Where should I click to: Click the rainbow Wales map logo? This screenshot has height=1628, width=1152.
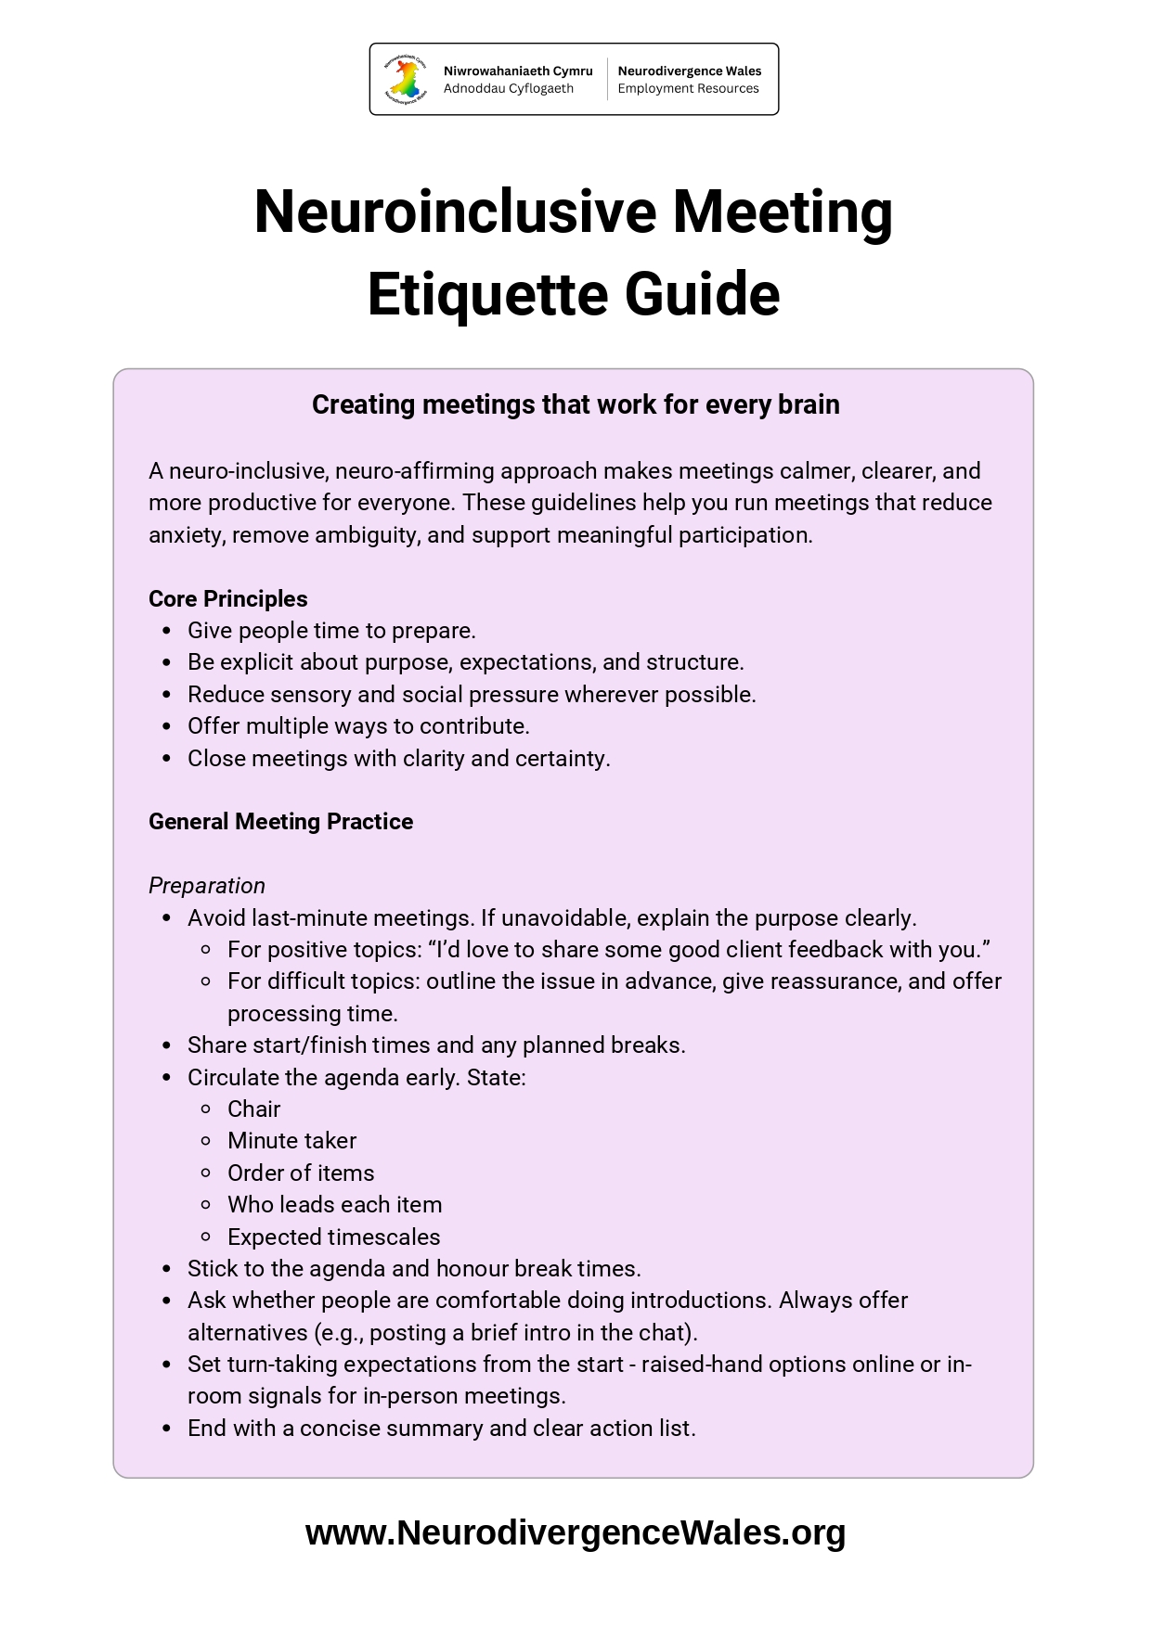[x=406, y=79]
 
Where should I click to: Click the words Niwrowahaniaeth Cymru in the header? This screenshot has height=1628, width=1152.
[x=517, y=71]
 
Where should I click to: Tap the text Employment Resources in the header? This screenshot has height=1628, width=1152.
[x=688, y=89]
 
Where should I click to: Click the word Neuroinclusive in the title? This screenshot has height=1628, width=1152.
[x=455, y=212]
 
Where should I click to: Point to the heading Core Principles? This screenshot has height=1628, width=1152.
[x=227, y=599]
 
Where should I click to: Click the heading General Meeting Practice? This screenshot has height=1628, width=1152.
[x=280, y=822]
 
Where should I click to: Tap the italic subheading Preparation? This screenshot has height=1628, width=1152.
[x=206, y=886]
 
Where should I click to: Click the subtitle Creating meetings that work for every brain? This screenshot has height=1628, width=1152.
[x=576, y=404]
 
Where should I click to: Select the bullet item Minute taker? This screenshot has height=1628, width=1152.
[x=291, y=1141]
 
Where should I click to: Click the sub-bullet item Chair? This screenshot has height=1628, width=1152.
[x=253, y=1109]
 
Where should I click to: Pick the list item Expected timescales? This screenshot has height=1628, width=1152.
[x=333, y=1237]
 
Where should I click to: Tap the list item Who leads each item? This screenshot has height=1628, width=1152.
[x=334, y=1205]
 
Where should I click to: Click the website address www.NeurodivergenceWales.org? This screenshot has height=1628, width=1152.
[x=575, y=1532]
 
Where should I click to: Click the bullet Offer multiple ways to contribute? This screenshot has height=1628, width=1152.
[x=358, y=726]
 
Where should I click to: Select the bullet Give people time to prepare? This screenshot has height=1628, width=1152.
[x=331, y=631]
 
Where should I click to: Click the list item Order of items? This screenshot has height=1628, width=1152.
[x=301, y=1173]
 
